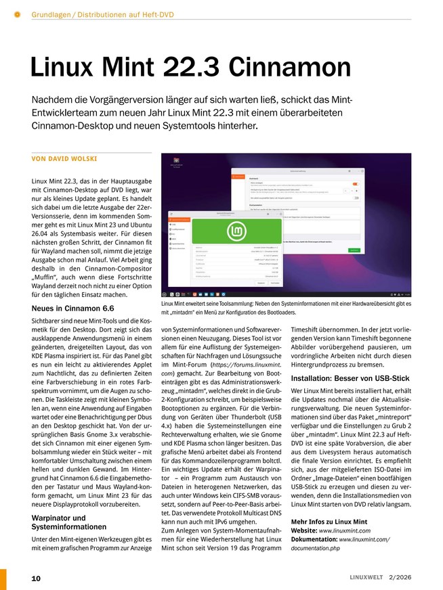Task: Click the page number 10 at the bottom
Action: [x=36, y=578]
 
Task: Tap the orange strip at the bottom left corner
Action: [x=3, y=578]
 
